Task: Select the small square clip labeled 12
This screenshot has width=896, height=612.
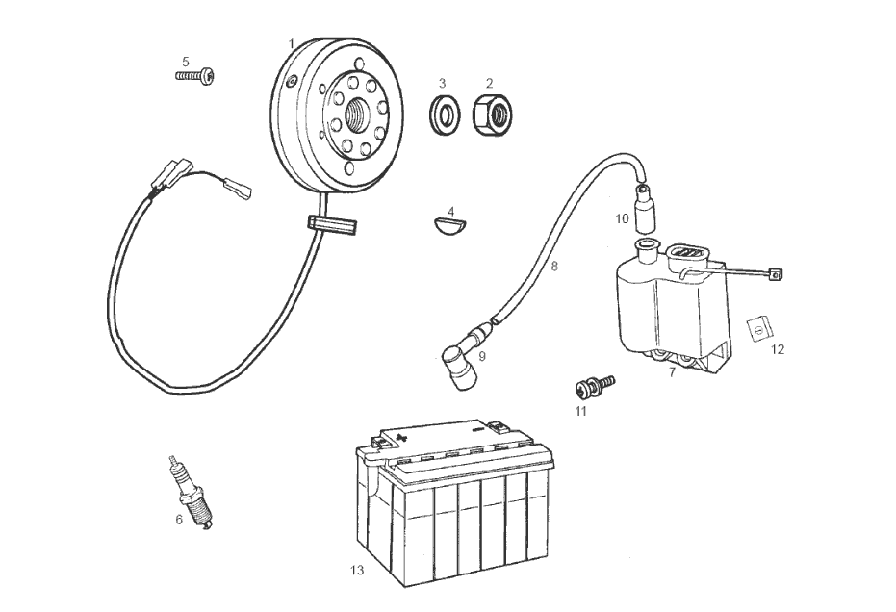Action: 758,329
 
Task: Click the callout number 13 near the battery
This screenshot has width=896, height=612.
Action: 357,571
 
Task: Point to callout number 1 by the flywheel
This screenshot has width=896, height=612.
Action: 292,44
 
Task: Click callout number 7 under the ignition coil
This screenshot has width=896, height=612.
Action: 673,371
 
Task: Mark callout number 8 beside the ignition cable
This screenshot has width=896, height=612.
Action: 554,266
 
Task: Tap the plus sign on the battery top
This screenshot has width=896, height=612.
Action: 403,435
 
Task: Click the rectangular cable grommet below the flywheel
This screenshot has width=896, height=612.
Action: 332,224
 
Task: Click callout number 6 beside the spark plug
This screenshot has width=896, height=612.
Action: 179,520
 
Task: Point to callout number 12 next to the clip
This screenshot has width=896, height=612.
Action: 778,349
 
